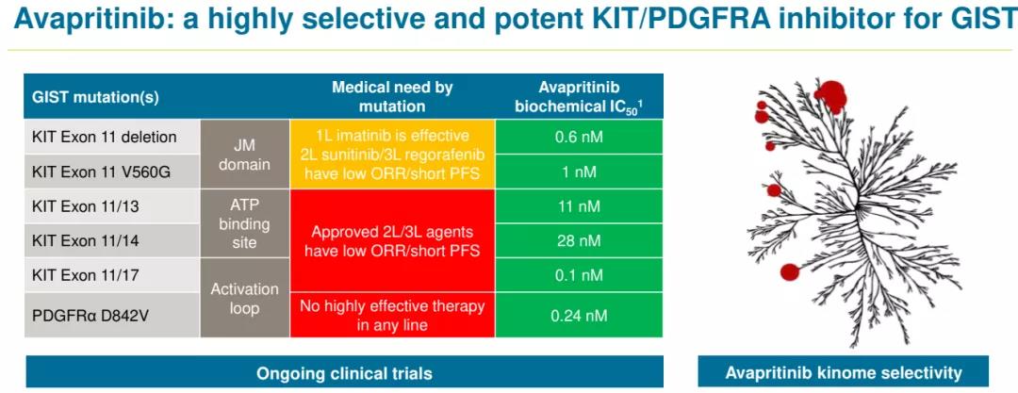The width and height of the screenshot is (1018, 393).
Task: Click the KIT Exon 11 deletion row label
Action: click(105, 138)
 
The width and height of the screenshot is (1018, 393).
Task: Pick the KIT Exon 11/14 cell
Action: click(88, 241)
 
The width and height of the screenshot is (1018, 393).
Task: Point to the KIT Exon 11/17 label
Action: click(88, 275)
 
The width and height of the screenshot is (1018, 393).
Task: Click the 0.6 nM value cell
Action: click(579, 138)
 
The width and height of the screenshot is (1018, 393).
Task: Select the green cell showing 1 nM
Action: click(579, 172)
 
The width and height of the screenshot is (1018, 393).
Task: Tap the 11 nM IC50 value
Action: click(579, 206)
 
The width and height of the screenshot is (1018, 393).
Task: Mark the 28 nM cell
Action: click(579, 241)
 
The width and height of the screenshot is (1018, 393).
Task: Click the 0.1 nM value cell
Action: click(579, 275)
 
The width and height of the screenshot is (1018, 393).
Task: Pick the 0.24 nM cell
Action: click(579, 316)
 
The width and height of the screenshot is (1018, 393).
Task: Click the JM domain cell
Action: click(244, 155)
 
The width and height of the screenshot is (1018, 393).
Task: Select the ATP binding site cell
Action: click(244, 224)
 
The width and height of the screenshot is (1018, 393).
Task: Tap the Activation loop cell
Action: click(244, 298)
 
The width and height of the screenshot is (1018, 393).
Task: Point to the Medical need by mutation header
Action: click(392, 96)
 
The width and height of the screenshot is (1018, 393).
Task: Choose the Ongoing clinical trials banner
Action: click(344, 373)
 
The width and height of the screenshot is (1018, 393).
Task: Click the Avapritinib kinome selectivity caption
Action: click(844, 373)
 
